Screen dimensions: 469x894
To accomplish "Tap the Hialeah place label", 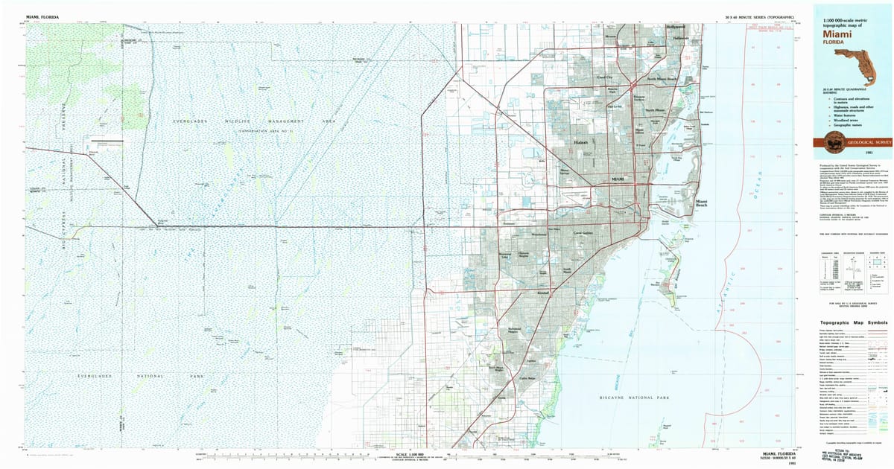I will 581,141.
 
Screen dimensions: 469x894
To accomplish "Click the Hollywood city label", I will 676,27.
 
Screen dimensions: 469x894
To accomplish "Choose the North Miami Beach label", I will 662,79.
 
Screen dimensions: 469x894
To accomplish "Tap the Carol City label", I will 603,77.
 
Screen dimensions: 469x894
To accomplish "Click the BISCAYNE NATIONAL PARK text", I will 633,399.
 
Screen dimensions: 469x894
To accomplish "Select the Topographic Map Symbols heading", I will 849,323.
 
